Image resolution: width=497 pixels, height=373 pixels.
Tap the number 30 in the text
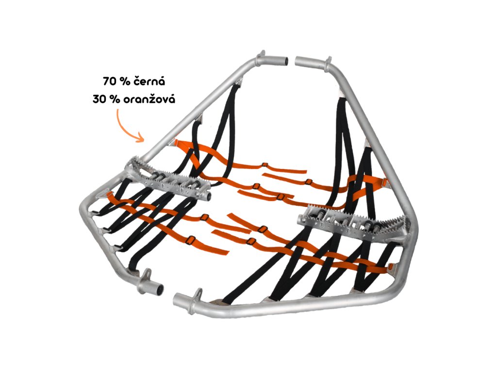pyautogui.click(x=99, y=99)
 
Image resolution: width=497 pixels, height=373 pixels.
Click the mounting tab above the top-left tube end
pyautogui.click(x=262, y=53)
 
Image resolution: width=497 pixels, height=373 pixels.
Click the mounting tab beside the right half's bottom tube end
pyautogui.click(x=198, y=293)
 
